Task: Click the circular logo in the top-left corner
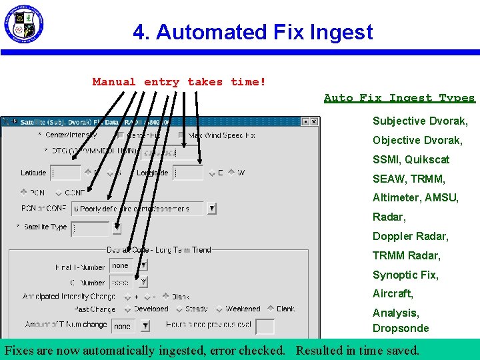pos(23,25)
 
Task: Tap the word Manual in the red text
pos(114,82)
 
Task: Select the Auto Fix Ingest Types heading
pos(399,98)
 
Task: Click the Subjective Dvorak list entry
pos(420,121)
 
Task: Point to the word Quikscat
pos(427,159)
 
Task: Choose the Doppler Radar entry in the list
pos(411,236)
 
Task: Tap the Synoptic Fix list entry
pos(405,275)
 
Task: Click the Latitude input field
pos(65,173)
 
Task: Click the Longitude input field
pos(188,173)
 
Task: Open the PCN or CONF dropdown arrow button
pos(211,208)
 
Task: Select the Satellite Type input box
pos(89,228)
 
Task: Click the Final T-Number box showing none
pos(122,265)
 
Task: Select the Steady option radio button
pos(179,309)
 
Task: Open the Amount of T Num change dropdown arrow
pos(145,326)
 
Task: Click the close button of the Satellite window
pos(314,122)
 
